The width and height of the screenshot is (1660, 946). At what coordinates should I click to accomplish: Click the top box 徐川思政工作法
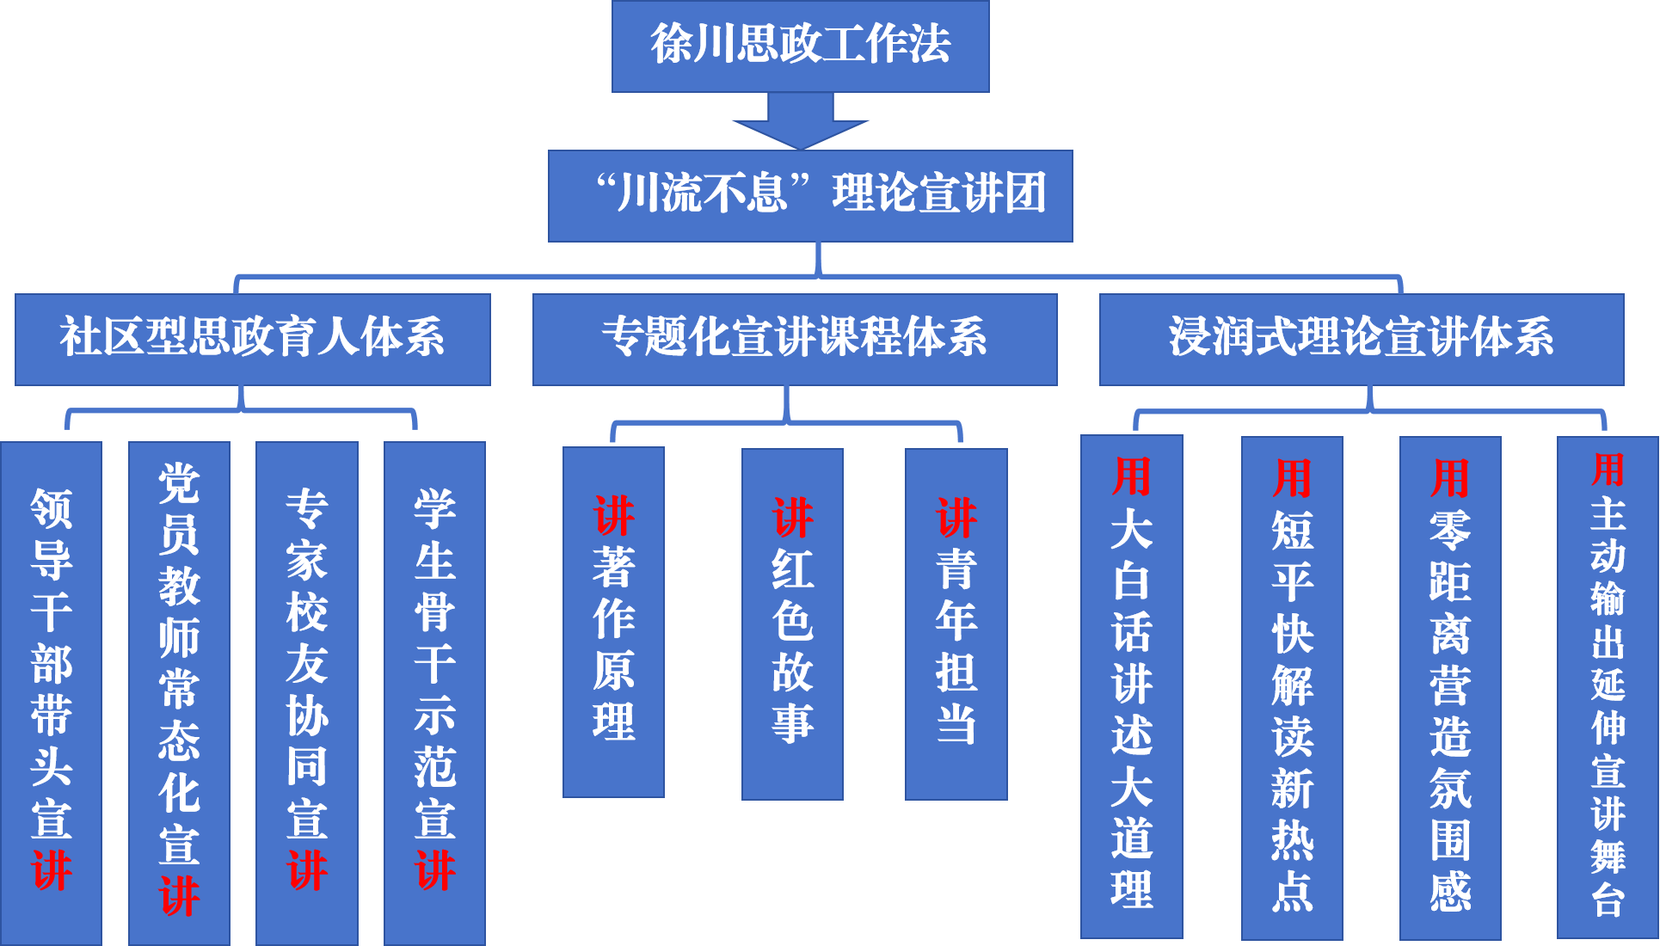pyautogui.click(x=800, y=46)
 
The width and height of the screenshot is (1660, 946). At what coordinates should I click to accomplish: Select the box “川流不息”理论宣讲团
pyautogui.click(x=810, y=195)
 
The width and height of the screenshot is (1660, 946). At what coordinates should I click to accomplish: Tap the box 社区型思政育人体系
pyautogui.click(x=252, y=339)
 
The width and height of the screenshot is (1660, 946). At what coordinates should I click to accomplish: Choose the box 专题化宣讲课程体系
pyautogui.click(x=794, y=339)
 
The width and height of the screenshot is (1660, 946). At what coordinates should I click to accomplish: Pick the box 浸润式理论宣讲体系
pyautogui.click(x=1361, y=339)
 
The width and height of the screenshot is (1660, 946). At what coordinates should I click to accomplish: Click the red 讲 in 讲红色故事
pyautogui.click(x=792, y=518)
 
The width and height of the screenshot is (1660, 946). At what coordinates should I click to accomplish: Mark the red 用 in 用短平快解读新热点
pyautogui.click(x=1292, y=478)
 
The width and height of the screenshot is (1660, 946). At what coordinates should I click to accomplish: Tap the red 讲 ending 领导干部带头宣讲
pyautogui.click(x=52, y=870)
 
